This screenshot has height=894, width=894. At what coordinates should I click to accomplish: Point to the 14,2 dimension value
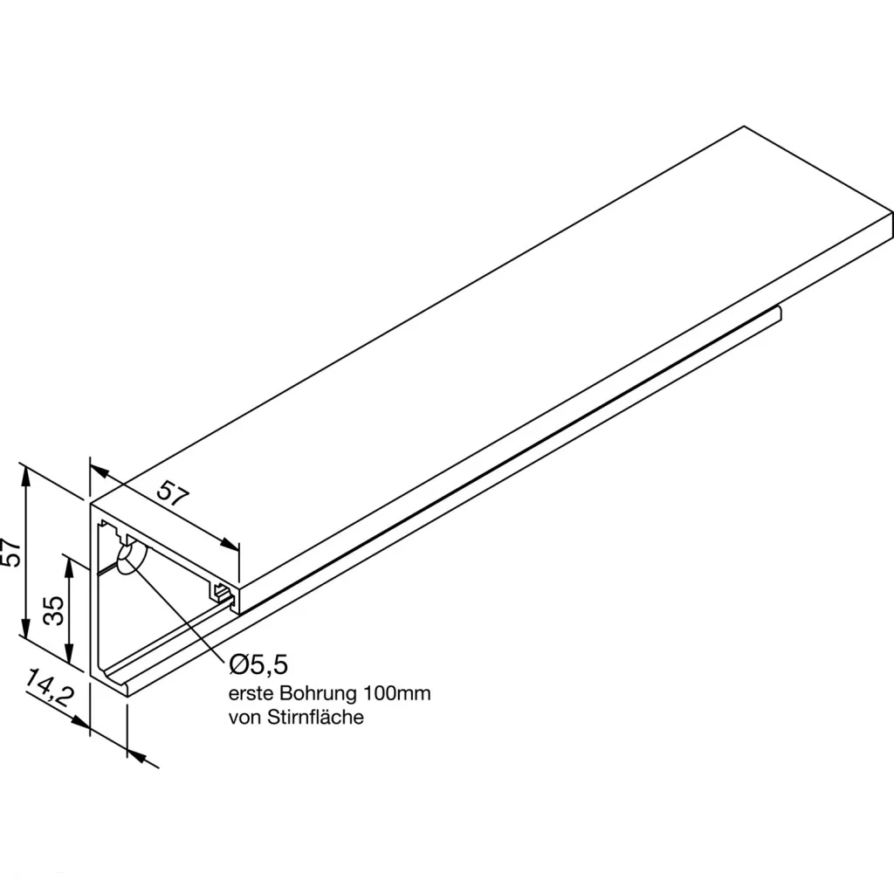coord(51,690)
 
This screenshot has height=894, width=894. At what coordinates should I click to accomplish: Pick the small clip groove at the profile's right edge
coord(223,594)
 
